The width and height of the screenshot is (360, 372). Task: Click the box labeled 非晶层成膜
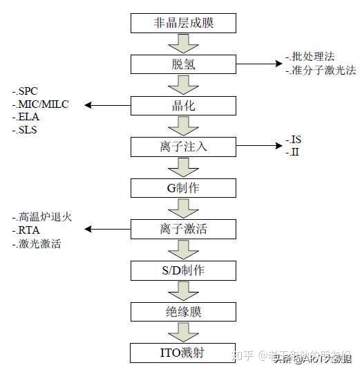pos(184,23)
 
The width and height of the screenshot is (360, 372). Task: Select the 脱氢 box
pos(184,64)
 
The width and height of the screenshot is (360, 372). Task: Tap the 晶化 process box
pos(184,105)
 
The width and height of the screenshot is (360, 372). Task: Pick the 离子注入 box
pos(184,146)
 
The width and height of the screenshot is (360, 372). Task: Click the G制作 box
pos(184,187)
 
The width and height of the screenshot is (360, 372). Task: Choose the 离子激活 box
pos(184,228)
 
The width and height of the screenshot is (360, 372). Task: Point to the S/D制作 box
pos(184,269)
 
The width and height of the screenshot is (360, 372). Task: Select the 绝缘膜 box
pos(184,310)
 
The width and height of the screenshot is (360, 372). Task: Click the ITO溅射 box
pos(184,352)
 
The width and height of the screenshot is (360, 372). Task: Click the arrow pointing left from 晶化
pos(108,105)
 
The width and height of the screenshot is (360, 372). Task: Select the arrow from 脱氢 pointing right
pos(258,64)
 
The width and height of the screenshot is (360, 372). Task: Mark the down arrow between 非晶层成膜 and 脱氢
pos(184,44)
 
